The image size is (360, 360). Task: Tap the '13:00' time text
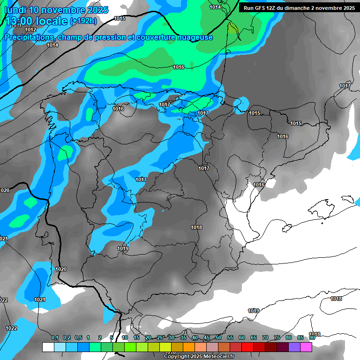tap(21, 22)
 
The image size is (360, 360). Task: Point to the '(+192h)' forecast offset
tap(83, 21)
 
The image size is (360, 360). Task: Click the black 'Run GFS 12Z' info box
tap(299, 8)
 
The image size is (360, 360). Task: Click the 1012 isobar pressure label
tap(30, 30)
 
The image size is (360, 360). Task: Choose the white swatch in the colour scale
tap(48, 347)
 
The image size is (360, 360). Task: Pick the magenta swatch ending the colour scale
tap(306, 347)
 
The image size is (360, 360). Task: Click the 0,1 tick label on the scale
tap(55, 337)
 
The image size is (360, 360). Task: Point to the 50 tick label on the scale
tap(218, 337)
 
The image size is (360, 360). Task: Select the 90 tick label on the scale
tap(312, 337)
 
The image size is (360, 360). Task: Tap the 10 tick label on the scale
tap(125, 337)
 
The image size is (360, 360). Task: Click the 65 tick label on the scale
tap(254, 337)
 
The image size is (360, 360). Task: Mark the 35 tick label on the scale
tap(183, 337)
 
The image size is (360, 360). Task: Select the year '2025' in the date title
tap(97, 10)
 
